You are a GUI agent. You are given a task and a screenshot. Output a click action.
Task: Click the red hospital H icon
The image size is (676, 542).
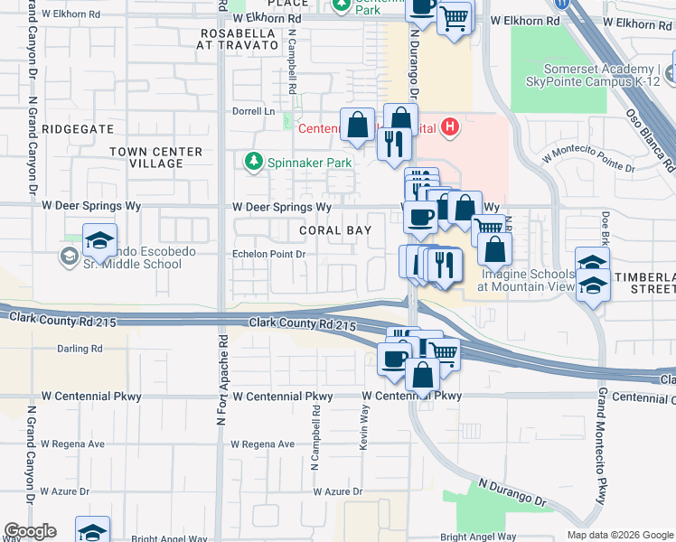(450, 127)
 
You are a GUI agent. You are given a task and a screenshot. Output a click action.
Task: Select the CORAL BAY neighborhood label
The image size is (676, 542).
(335, 231)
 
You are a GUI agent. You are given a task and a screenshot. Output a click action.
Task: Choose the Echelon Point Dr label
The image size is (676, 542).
(269, 255)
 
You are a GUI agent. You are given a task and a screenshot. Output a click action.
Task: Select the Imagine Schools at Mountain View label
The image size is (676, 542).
(527, 280)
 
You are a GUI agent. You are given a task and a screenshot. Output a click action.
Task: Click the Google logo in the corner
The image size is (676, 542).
(30, 531)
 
